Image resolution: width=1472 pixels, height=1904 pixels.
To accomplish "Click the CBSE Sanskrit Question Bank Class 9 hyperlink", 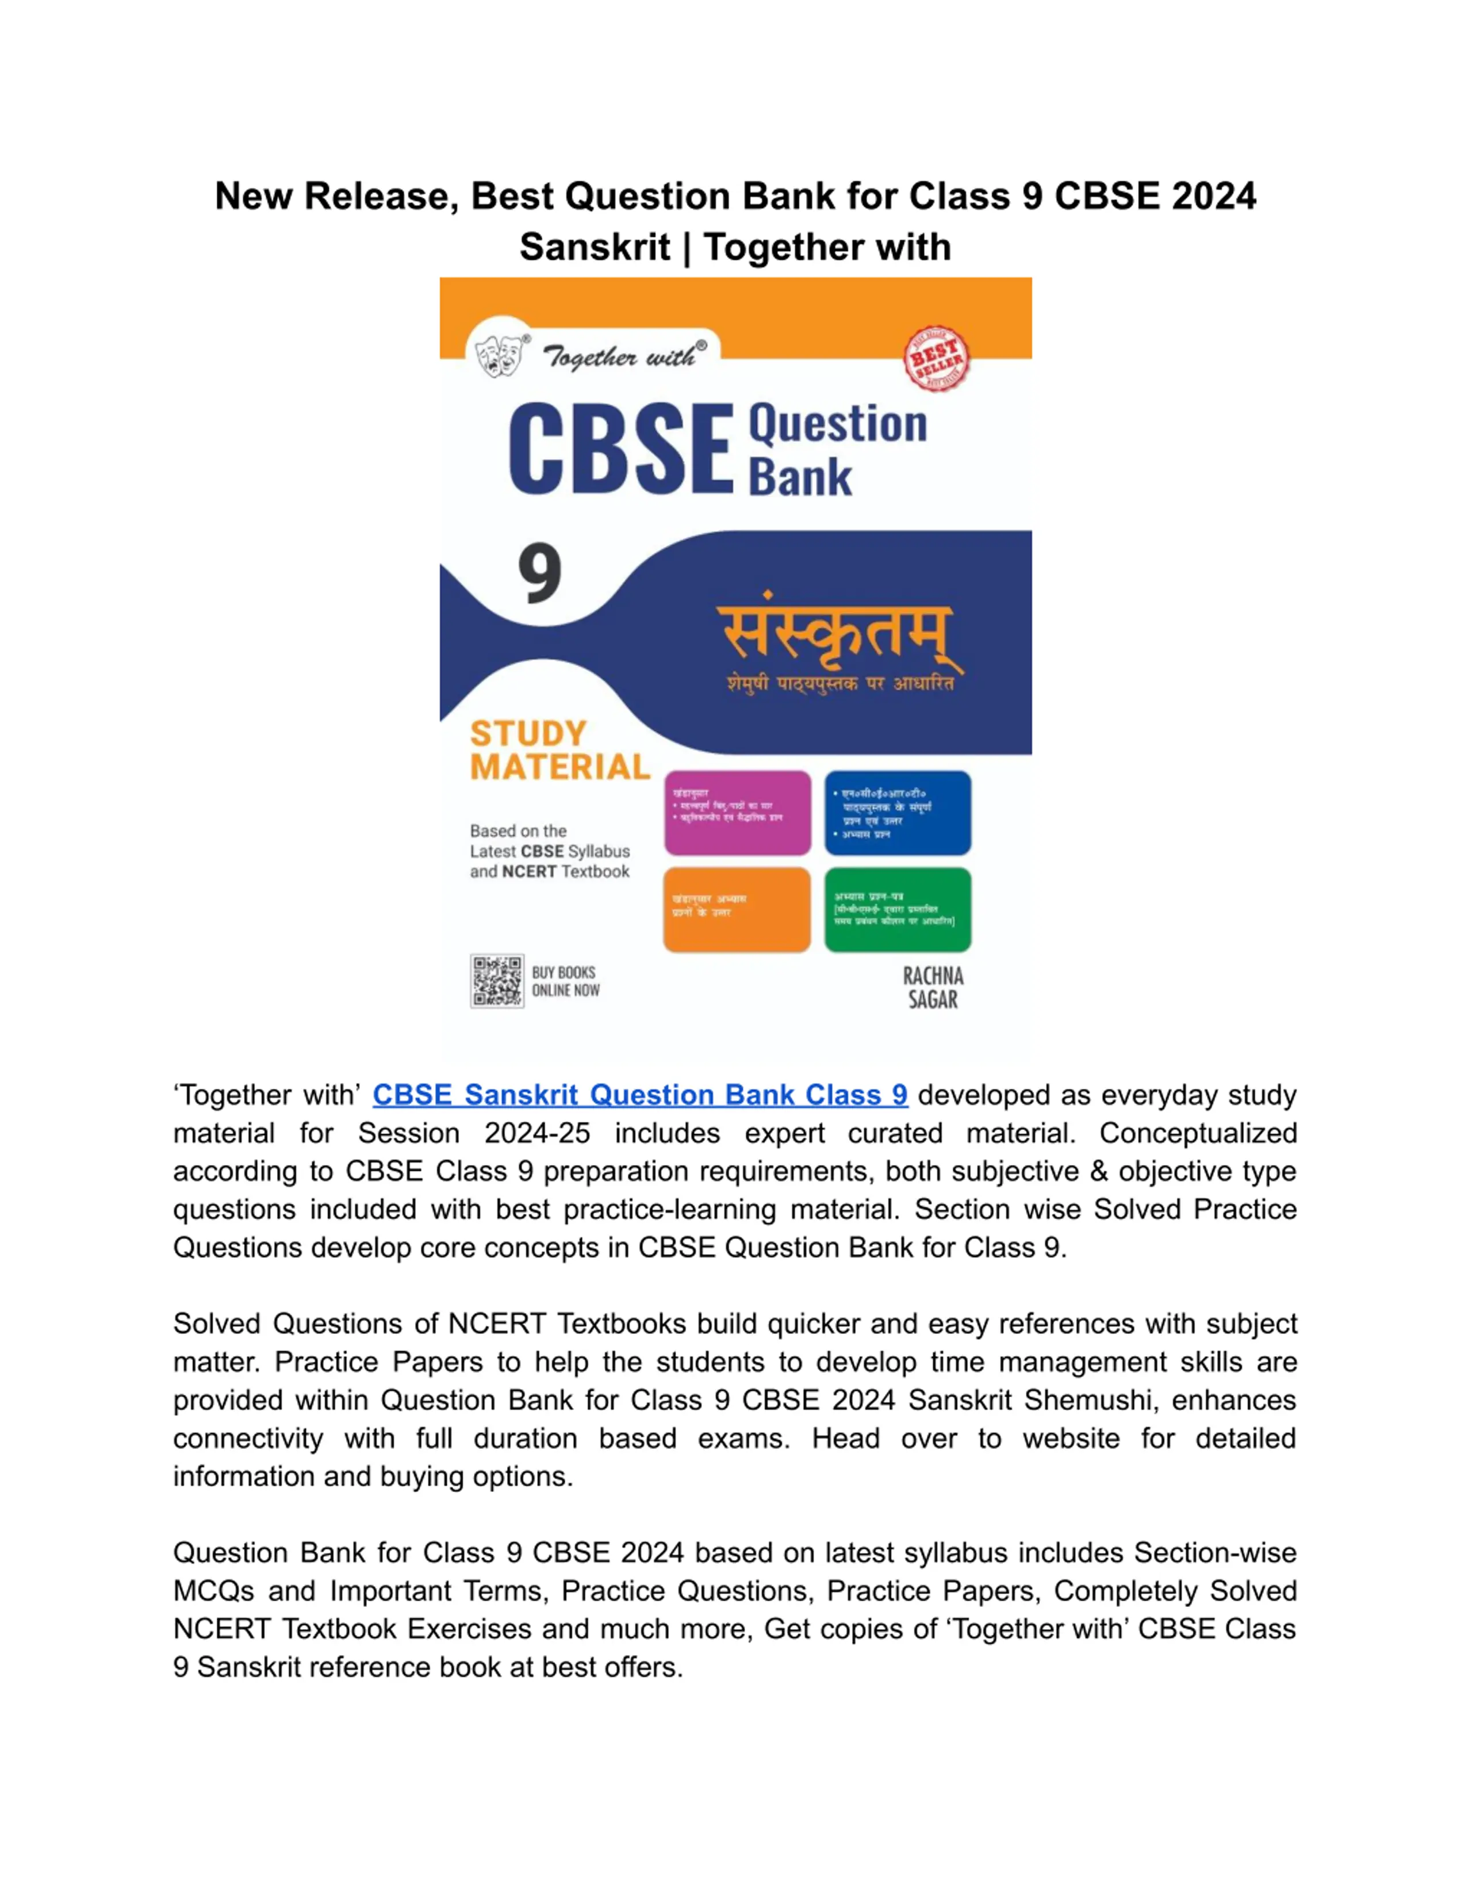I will [x=639, y=1095].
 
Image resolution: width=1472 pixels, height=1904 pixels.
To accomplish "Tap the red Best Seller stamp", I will [x=936, y=358].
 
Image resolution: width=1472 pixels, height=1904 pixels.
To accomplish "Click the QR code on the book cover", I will [x=497, y=981].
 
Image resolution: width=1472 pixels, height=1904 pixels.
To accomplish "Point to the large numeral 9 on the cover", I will [x=540, y=574].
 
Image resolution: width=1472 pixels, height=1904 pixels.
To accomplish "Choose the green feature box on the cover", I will [x=898, y=909].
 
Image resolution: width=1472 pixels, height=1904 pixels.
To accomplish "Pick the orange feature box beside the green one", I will [x=737, y=909].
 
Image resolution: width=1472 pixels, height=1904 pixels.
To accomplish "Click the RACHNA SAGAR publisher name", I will [x=933, y=988].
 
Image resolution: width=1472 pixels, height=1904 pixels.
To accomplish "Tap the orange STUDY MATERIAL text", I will [x=560, y=751].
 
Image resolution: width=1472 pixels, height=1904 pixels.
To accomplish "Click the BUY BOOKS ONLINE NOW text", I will [x=565, y=982].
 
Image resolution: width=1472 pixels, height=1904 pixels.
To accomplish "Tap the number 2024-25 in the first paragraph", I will [x=537, y=1133].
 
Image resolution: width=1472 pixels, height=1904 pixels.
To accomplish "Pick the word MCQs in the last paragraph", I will [x=213, y=1591].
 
